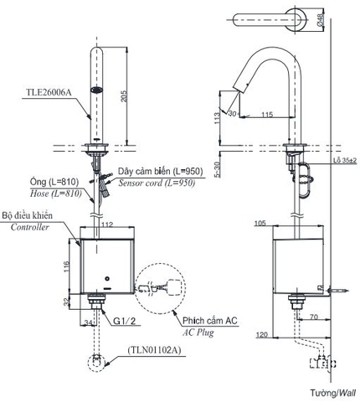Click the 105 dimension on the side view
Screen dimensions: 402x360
tap(261, 224)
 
